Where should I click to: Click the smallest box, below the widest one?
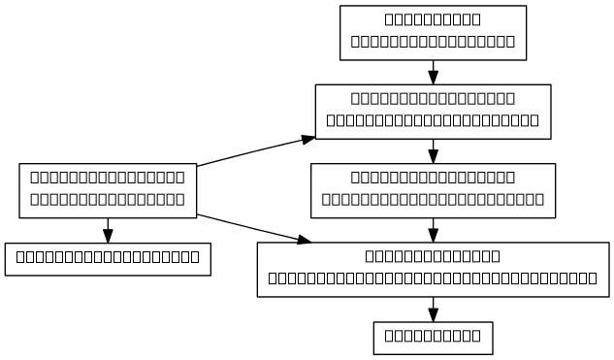tap(433, 338)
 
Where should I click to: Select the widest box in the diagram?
tap(433, 268)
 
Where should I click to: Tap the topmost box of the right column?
tap(433, 32)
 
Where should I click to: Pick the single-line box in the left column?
tap(108, 258)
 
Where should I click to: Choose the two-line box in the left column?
tap(108, 189)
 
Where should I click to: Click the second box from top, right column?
tap(433, 111)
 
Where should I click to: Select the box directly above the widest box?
tap(433, 189)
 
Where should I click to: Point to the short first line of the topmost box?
tap(433, 19)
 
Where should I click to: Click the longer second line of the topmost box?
tap(433, 43)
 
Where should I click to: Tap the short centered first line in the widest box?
tap(433, 256)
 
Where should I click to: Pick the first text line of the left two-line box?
tap(108, 178)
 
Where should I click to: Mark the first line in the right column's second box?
tap(433, 98)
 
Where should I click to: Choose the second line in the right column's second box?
tap(433, 121)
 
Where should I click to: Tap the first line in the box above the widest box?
tap(433, 178)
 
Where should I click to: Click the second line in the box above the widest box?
tap(433, 201)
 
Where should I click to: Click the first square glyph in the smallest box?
tap(390, 338)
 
